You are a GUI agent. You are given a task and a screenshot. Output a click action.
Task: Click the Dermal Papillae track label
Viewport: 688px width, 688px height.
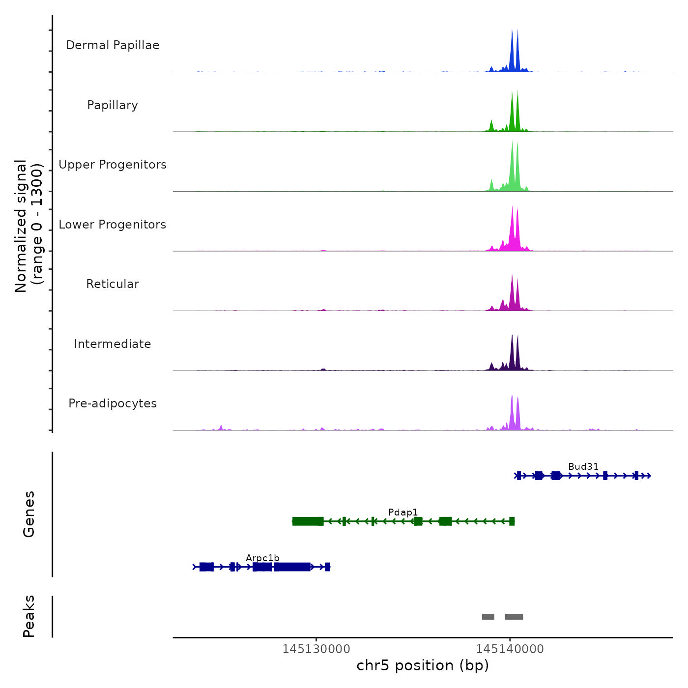[113, 45]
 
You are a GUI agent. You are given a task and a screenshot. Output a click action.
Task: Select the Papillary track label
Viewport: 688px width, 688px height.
[113, 105]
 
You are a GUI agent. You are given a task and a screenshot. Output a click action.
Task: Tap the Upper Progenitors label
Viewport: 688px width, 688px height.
[113, 165]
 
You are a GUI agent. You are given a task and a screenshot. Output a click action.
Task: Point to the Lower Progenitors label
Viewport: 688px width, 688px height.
[113, 225]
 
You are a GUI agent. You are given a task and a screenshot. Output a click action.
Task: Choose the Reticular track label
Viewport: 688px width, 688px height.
[113, 284]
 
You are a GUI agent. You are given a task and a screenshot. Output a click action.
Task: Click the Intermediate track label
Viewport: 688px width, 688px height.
[113, 344]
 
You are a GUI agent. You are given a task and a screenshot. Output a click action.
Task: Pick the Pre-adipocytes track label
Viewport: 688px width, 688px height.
[113, 403]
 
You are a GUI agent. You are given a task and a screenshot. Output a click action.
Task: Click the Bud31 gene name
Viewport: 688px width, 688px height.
[583, 466]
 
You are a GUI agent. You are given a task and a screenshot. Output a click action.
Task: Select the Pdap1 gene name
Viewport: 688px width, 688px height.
[403, 512]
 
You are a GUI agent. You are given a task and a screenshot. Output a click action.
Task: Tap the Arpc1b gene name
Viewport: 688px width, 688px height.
[262, 558]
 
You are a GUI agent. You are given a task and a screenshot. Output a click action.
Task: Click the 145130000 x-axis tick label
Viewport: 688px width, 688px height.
[316, 649]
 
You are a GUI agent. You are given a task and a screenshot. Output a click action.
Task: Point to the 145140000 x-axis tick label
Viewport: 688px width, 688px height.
[510, 649]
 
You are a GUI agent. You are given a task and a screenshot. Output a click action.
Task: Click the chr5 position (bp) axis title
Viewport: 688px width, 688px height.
[423, 665]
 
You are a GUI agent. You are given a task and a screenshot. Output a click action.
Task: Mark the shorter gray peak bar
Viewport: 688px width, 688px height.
[488, 617]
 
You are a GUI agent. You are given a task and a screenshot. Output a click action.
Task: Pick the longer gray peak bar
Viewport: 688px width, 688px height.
[514, 617]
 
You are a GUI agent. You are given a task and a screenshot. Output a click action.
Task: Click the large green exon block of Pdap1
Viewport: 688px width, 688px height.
[308, 521]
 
